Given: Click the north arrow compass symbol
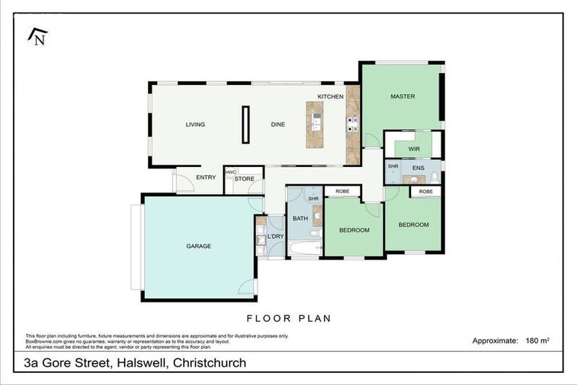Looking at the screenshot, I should (x=37, y=35).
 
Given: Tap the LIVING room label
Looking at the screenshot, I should (x=195, y=125).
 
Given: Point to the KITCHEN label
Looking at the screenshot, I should (x=331, y=97).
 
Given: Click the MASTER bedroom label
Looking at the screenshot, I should (x=402, y=97).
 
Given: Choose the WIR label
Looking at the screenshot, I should (x=413, y=149).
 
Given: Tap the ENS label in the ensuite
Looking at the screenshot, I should (x=418, y=167).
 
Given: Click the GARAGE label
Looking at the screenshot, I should (x=198, y=246).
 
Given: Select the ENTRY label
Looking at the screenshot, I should (x=206, y=177).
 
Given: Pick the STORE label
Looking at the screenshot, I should (x=244, y=179).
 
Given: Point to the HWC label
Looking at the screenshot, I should (x=231, y=171).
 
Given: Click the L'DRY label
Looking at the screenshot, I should (x=275, y=238).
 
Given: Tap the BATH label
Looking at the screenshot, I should (x=300, y=219).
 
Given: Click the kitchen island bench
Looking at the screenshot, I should (x=316, y=124).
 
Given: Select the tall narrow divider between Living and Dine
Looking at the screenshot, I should (x=245, y=125).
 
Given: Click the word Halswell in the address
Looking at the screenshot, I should (x=140, y=363).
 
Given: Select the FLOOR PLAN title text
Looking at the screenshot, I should (x=288, y=318).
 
